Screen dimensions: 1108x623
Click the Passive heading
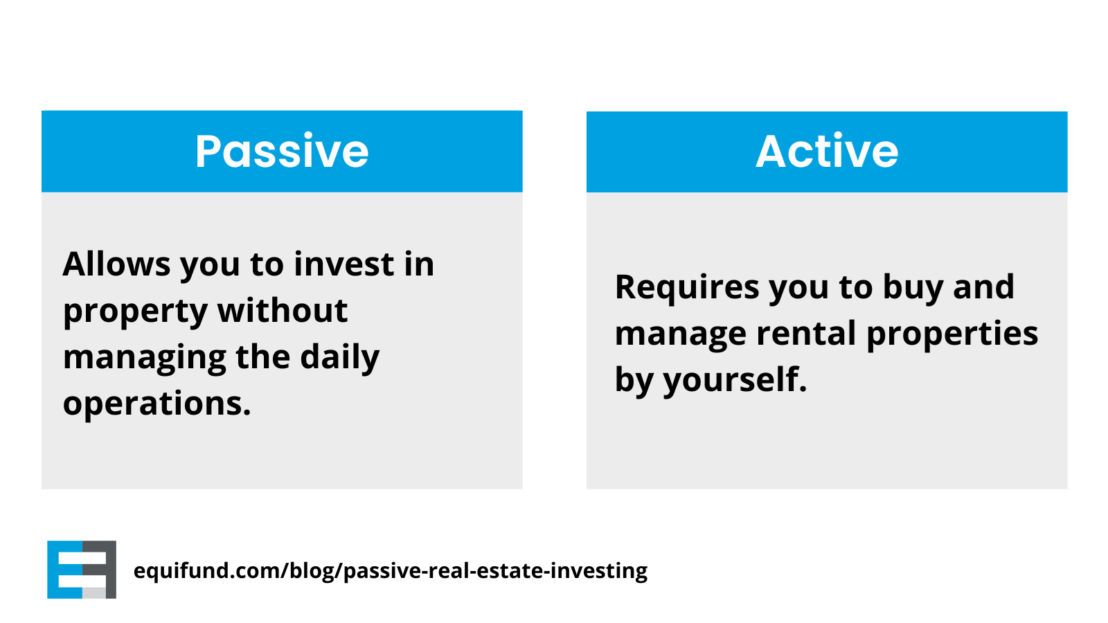tap(282, 152)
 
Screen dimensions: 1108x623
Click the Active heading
tap(827, 152)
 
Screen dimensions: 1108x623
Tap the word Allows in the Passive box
tap(117, 264)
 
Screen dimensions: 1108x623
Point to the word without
tap(283, 310)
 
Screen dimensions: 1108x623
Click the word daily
tap(340, 358)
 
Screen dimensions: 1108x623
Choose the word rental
tap(806, 333)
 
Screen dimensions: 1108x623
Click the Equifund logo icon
tap(82, 570)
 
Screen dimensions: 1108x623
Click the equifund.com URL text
tap(391, 571)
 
